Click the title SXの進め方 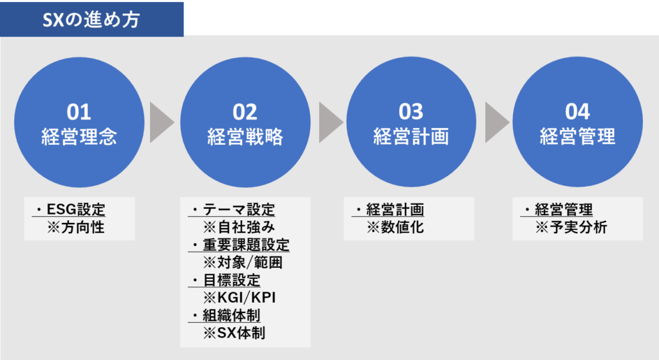[x=91, y=19]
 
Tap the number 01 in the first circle [x=79, y=112]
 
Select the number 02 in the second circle [x=245, y=112]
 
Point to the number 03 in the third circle [x=411, y=111]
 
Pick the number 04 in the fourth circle [x=577, y=111]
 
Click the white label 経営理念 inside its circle [x=79, y=137]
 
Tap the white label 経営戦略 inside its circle [x=245, y=137]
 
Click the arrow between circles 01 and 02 [x=162, y=122]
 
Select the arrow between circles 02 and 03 [x=331, y=122]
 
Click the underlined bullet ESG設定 [x=76, y=209]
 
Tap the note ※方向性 [x=76, y=227]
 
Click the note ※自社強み [x=239, y=227]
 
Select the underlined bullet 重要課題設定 [x=246, y=245]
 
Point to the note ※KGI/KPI [x=239, y=298]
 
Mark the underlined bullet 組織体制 [x=232, y=316]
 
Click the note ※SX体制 [x=234, y=333]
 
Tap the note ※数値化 [x=395, y=227]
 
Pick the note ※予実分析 [x=571, y=227]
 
